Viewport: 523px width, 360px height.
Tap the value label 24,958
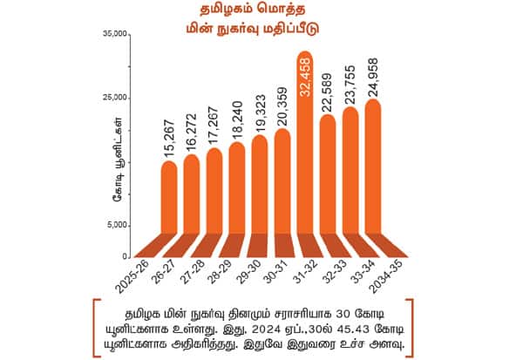click(373, 76)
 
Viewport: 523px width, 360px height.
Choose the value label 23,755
click(350, 84)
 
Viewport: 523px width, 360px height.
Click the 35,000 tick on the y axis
click(115, 34)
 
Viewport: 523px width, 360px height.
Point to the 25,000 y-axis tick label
click(115, 98)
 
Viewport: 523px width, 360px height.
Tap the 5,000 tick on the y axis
click(118, 226)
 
